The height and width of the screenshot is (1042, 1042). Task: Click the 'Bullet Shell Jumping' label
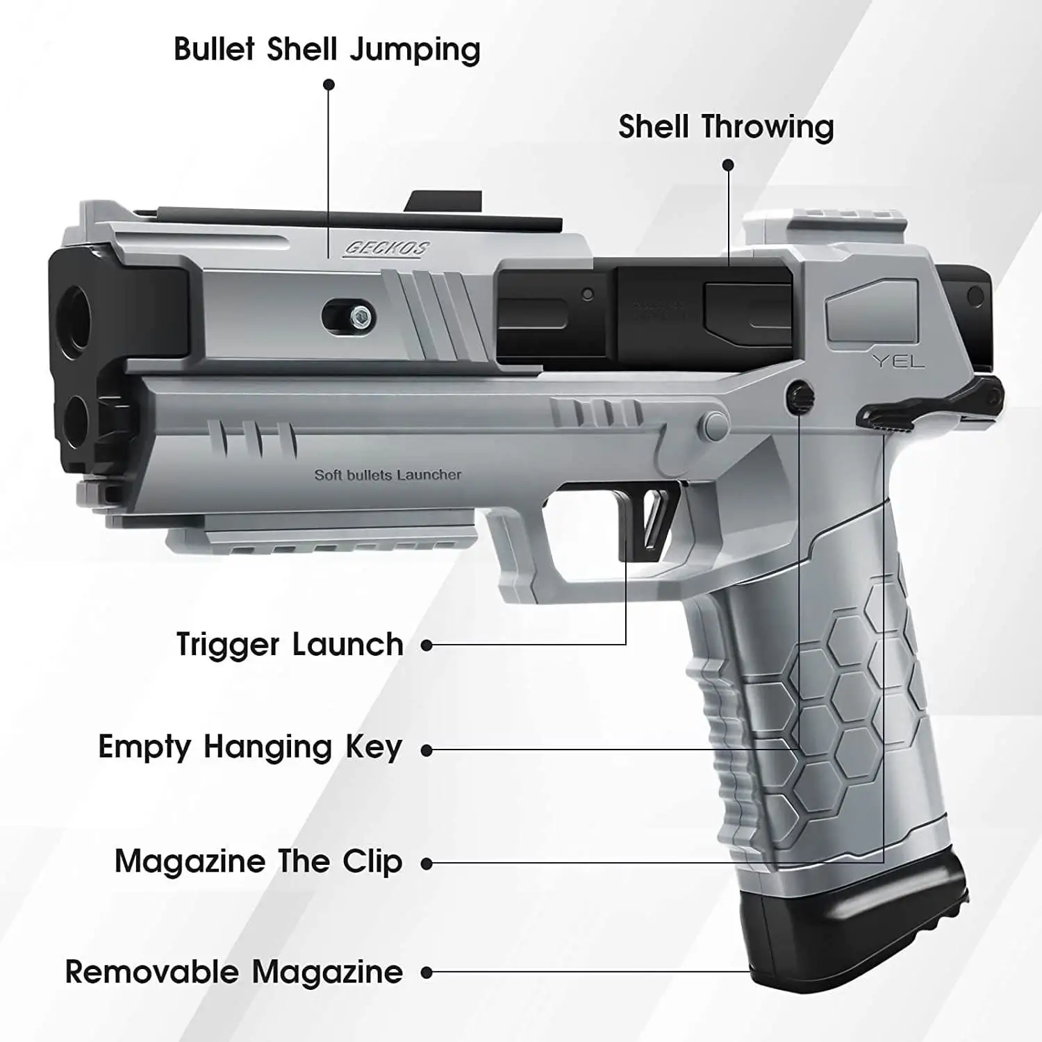(326, 49)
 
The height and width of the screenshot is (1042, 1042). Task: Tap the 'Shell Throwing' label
(726, 127)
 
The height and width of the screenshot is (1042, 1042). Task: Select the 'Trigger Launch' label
(290, 645)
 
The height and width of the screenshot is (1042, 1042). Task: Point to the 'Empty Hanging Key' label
(250, 747)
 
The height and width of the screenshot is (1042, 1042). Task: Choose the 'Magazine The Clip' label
(258, 862)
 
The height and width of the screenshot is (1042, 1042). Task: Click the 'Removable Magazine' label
(233, 972)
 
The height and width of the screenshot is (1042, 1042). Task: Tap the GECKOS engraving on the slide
(388, 249)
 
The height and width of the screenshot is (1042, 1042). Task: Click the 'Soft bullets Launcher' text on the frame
(388, 475)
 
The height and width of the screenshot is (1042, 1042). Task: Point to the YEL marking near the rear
(898, 361)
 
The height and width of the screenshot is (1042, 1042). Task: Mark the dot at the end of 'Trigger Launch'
(427, 645)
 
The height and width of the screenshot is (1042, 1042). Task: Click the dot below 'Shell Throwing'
(728, 165)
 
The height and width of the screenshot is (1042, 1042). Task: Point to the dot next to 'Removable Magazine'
(427, 973)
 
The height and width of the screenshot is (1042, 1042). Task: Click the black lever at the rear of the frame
(931, 403)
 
